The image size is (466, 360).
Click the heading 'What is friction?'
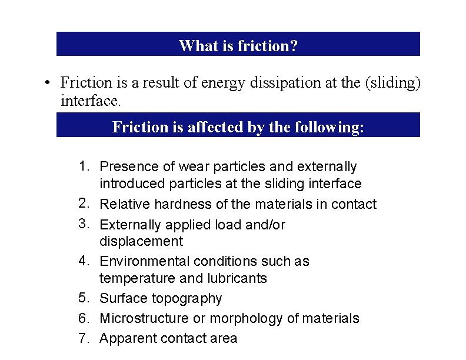click(x=238, y=46)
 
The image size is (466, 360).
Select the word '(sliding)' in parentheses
click(x=393, y=84)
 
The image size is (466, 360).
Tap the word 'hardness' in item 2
click(x=182, y=204)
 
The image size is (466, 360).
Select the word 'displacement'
click(x=141, y=241)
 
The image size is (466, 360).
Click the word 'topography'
click(x=188, y=299)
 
